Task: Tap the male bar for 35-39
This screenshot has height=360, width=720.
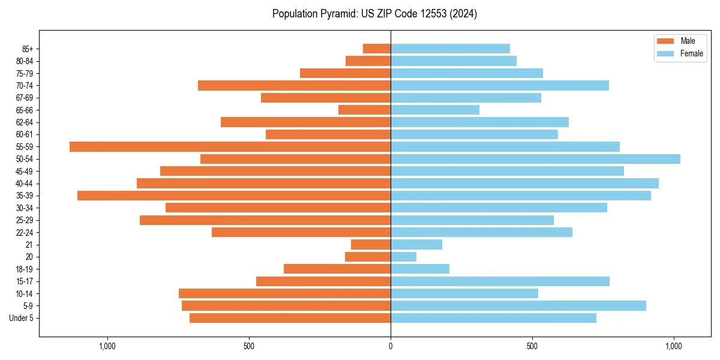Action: pyautogui.click(x=234, y=196)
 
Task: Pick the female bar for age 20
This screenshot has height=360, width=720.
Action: pyautogui.click(x=403, y=257)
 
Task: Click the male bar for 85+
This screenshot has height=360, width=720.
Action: pyautogui.click(x=377, y=49)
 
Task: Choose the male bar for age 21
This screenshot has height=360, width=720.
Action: pyautogui.click(x=371, y=244)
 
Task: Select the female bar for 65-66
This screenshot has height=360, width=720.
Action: pyautogui.click(x=435, y=110)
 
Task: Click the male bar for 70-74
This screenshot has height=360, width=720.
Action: pyautogui.click(x=294, y=85)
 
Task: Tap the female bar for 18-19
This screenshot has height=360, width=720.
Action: pyautogui.click(x=420, y=269)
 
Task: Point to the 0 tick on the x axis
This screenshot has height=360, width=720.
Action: pyautogui.click(x=391, y=346)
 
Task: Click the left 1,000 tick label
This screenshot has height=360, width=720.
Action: pyautogui.click(x=107, y=346)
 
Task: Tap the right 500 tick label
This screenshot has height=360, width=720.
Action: pyautogui.click(x=532, y=346)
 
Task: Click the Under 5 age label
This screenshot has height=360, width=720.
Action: pyautogui.click(x=22, y=318)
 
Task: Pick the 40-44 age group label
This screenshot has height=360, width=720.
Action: pyautogui.click(x=25, y=183)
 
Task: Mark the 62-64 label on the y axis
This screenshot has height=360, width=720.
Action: pyautogui.click(x=25, y=122)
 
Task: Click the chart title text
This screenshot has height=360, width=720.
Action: pyautogui.click(x=374, y=14)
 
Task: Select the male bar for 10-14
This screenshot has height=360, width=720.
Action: pyautogui.click(x=284, y=293)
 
